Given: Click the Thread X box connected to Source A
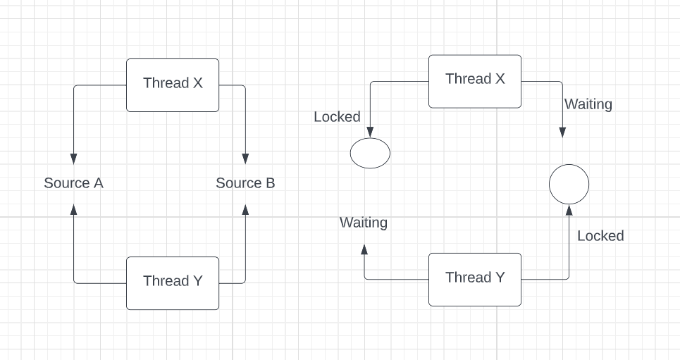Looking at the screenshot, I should (173, 85).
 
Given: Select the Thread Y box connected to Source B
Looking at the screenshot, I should (173, 283).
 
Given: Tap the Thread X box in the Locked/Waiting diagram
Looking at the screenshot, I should (475, 81).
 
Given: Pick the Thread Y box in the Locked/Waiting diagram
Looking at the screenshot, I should (475, 279).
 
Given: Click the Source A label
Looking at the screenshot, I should (73, 183).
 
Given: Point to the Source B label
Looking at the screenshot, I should (245, 183).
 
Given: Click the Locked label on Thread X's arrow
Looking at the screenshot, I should (337, 117).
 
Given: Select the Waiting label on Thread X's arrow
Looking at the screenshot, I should (588, 104).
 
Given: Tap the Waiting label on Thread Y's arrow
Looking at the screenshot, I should (364, 223).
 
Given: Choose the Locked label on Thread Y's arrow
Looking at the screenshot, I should (600, 236).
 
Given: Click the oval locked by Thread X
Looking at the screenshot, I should (370, 153).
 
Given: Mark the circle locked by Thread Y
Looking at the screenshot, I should (569, 185).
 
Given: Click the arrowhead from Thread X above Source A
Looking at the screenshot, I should (73, 158).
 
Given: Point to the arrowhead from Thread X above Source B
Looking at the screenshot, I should (245, 158).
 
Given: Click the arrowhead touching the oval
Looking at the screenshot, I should (370, 132).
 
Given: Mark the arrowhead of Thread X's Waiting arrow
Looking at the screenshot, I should (562, 133).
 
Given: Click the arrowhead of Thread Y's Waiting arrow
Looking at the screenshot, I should (364, 249).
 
